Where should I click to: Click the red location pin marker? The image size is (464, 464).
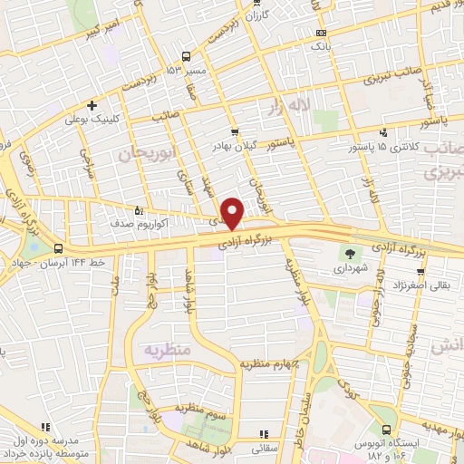coord(233,212)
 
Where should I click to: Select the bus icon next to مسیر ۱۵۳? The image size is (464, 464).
coord(187,56)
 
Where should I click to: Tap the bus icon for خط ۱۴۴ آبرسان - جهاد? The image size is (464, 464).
coord(58,248)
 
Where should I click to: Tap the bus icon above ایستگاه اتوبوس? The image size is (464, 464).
coord(389,430)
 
